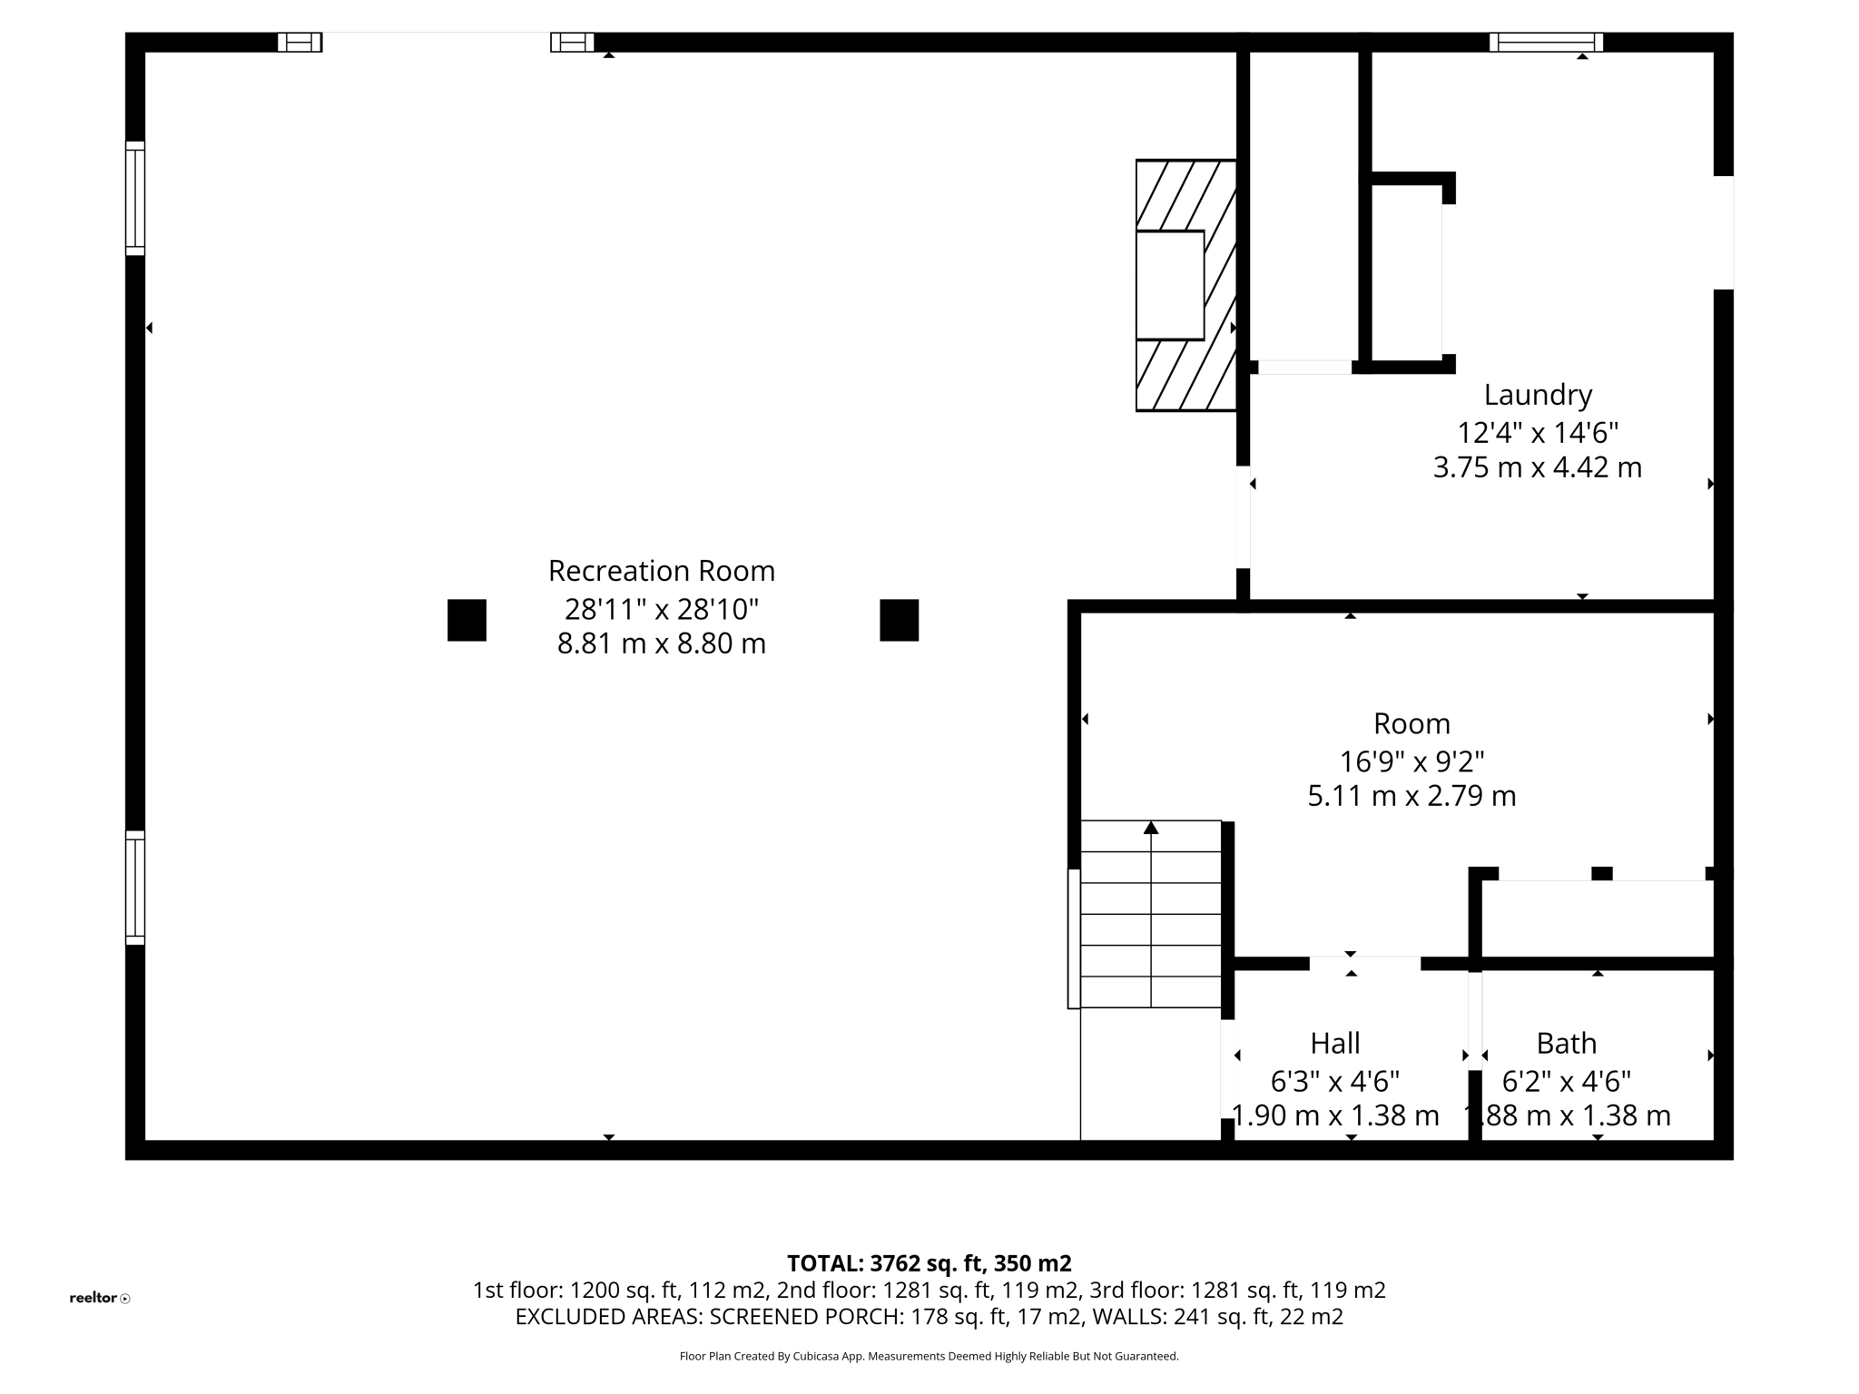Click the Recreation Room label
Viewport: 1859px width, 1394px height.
pos(661,571)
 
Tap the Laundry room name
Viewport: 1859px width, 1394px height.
pos(1538,395)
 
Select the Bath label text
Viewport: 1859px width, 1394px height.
pos(1566,1044)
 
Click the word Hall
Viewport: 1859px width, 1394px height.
pos(1334,1044)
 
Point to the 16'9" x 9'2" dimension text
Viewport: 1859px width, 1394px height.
pos(1411,761)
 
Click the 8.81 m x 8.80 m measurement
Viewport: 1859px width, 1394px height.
pos(661,644)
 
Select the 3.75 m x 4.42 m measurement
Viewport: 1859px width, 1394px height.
pos(1537,468)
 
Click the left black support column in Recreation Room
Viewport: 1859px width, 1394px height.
pos(467,620)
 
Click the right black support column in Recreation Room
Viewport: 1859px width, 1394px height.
pos(899,620)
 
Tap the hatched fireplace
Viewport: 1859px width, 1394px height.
pos(1185,285)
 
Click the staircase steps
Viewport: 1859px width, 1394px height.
pos(1150,917)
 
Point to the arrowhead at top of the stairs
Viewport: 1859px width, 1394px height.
pos(1151,827)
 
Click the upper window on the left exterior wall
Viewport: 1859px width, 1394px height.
pos(134,198)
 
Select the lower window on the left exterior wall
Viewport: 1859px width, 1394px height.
pos(134,888)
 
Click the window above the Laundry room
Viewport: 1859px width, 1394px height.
pos(1546,42)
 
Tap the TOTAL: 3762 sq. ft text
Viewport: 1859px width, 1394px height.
pos(928,1263)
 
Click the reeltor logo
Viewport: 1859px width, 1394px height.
pos(99,1298)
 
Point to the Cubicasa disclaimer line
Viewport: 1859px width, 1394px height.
pos(929,1357)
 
